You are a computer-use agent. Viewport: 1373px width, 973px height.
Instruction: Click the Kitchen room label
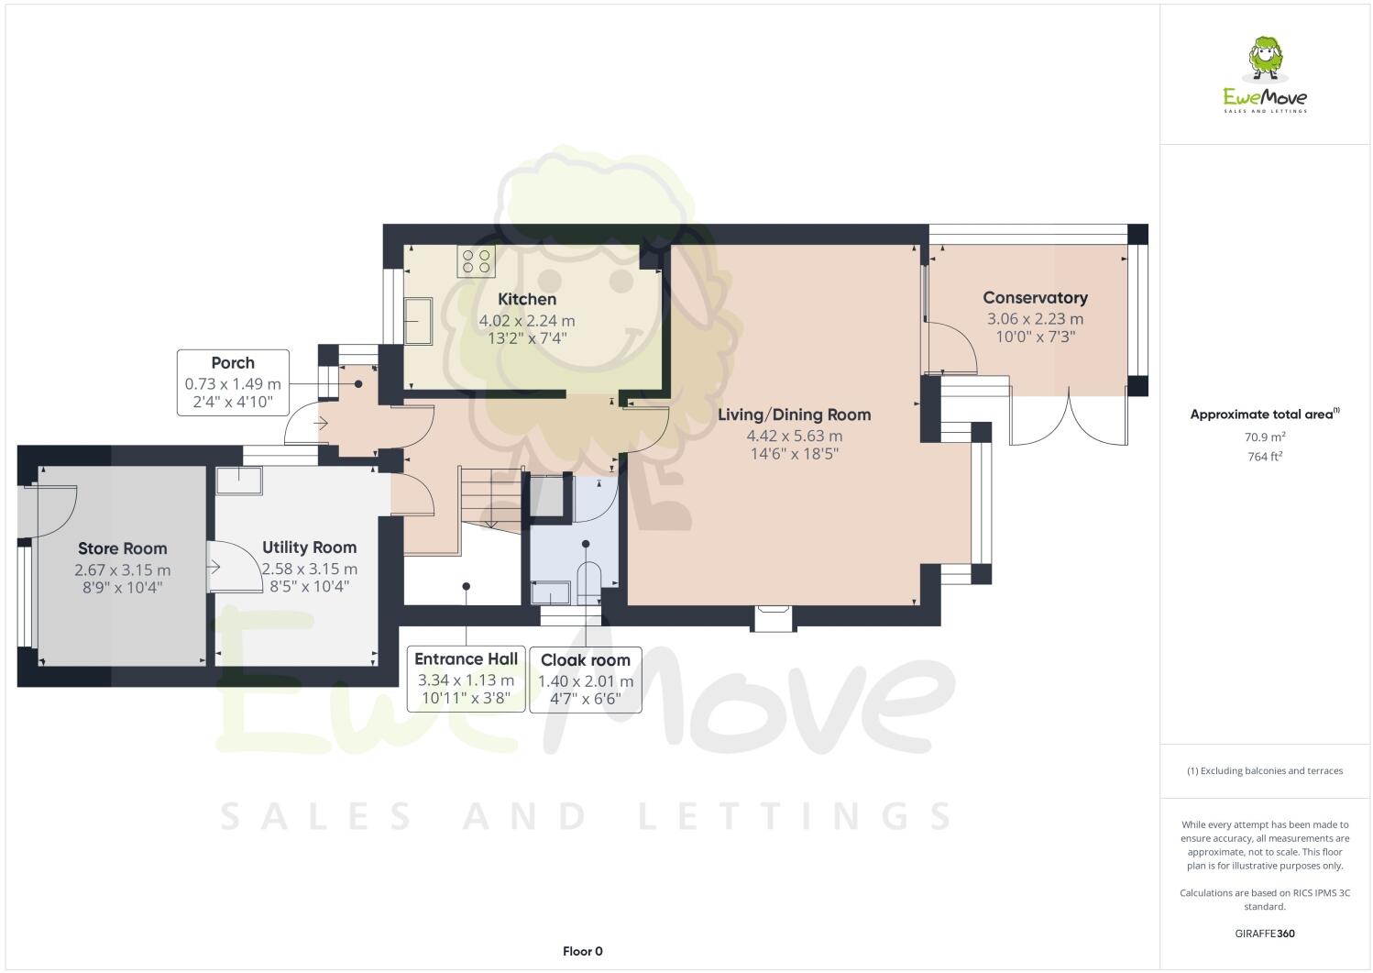pos(527,299)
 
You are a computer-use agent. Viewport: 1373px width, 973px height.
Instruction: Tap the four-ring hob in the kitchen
pos(477,261)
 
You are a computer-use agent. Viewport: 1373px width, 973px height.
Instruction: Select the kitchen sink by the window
pos(420,320)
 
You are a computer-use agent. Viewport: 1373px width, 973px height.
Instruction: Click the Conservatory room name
pos(1035,297)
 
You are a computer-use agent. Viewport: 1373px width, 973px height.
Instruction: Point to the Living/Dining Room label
pos(794,415)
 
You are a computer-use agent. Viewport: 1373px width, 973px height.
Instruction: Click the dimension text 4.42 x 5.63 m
pos(794,437)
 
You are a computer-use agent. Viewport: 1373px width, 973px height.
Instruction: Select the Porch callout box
pos(233,382)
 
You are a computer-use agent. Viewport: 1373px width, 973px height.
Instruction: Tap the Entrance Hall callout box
pos(466,679)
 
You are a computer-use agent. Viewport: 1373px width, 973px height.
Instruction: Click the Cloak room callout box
pos(585,680)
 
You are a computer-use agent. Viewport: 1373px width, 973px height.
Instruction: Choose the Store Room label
pos(122,548)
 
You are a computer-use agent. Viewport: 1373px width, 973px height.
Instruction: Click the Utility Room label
pos(309,547)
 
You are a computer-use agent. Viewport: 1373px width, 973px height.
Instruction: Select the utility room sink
pos(238,481)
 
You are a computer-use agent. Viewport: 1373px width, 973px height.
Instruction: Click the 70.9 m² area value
pos(1265,437)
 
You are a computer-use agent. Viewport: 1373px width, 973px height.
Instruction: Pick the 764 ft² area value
pos(1265,456)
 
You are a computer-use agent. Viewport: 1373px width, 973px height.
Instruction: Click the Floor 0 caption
pos(582,951)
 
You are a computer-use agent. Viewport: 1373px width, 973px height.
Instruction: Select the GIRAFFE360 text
pos(1265,934)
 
